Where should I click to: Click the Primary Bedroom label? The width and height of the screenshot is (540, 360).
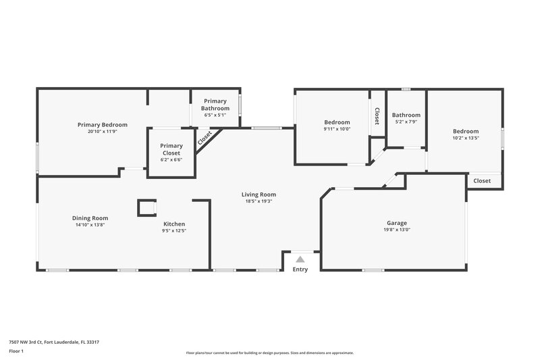click(x=102, y=124)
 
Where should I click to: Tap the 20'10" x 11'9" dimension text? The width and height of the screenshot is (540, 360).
click(x=102, y=132)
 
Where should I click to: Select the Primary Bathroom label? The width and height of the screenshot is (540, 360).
click(x=215, y=105)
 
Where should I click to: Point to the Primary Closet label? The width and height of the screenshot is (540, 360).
click(x=171, y=149)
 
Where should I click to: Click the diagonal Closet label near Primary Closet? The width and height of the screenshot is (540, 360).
click(x=205, y=138)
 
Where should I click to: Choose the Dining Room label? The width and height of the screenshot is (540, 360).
click(x=90, y=217)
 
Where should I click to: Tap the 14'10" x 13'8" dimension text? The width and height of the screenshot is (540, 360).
click(x=90, y=224)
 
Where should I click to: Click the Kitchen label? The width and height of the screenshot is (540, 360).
click(x=174, y=224)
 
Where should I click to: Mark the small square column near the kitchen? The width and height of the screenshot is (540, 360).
click(x=146, y=207)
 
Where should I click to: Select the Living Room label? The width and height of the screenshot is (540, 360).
click(x=259, y=195)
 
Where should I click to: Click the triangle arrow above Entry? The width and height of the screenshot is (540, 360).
click(x=300, y=259)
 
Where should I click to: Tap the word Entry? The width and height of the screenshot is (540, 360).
click(x=300, y=269)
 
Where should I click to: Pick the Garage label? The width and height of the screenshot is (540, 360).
click(x=396, y=222)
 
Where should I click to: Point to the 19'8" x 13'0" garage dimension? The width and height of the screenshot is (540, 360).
click(x=396, y=230)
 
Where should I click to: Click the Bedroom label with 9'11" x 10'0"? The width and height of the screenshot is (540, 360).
click(x=337, y=122)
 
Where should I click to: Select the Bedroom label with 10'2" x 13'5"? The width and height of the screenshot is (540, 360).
click(x=465, y=131)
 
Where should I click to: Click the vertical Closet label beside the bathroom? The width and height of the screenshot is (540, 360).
click(x=377, y=117)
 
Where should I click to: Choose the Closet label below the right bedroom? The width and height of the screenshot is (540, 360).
click(x=482, y=180)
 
